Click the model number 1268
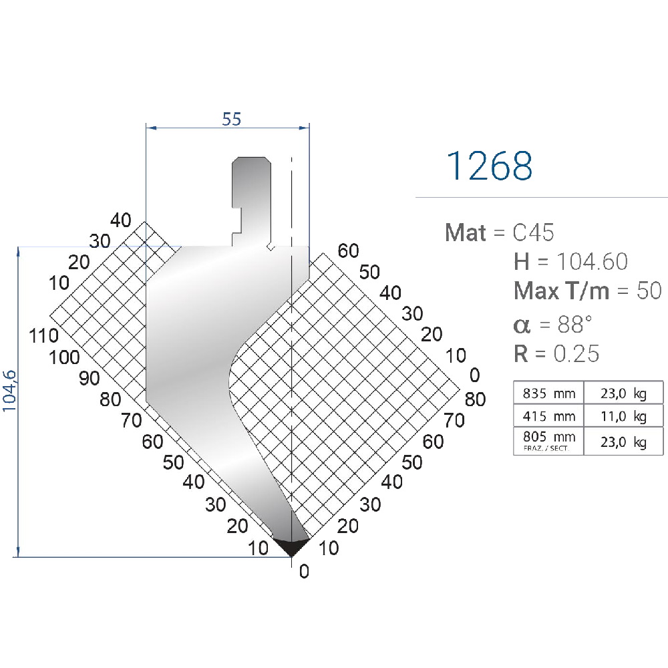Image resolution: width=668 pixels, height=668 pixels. (489, 166)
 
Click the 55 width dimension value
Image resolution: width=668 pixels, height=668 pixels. (231, 119)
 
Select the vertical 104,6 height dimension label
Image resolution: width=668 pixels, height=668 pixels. (9, 391)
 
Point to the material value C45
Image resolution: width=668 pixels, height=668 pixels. (533, 232)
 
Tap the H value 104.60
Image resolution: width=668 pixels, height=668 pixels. (592, 261)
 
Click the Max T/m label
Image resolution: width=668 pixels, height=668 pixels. (561, 291)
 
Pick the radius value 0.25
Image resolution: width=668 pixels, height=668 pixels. (576, 353)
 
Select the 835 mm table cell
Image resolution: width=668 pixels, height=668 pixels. (548, 393)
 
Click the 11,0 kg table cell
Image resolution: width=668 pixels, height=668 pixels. (623, 415)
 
